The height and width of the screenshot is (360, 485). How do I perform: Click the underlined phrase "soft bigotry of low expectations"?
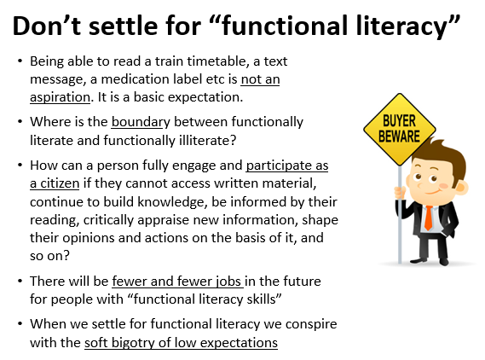181,343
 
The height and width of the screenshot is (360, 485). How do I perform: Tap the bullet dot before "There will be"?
19,281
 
